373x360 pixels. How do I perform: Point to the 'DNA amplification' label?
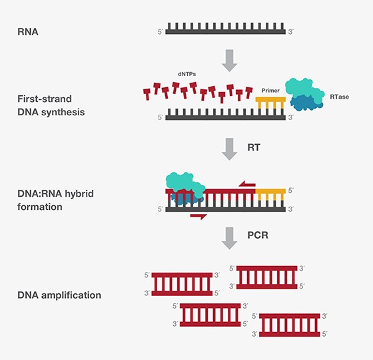tap(59, 295)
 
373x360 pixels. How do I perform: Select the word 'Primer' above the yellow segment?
tap(270, 91)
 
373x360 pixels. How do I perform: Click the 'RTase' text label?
tap(339, 97)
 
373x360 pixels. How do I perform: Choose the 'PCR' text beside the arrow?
tap(256, 236)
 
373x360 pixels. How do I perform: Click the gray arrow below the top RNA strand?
tap(229, 59)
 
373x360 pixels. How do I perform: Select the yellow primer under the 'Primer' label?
tap(271, 102)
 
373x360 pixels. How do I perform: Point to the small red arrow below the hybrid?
tap(198, 216)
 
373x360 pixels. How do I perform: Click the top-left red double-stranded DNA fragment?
tap(182, 284)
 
